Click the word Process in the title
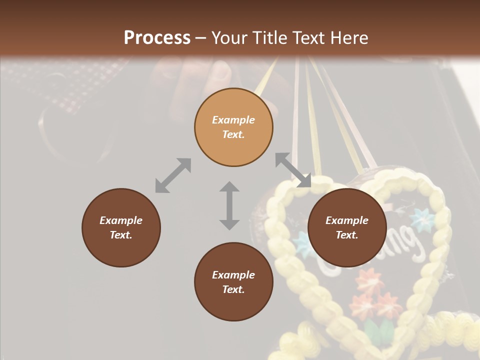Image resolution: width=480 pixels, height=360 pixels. (x=157, y=38)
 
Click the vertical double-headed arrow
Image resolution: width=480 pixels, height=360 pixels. (x=229, y=205)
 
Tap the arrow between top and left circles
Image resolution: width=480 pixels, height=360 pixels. (x=173, y=175)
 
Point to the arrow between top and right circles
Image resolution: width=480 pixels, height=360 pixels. (x=293, y=170)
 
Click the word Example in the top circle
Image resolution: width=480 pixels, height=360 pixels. (x=233, y=120)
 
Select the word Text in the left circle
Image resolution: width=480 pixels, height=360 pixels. (x=121, y=235)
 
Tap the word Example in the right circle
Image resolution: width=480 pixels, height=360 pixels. (x=347, y=220)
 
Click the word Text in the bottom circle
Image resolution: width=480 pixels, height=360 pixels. (x=233, y=289)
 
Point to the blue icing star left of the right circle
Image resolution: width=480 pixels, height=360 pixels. (x=302, y=242)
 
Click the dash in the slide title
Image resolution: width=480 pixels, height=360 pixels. (x=201, y=38)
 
